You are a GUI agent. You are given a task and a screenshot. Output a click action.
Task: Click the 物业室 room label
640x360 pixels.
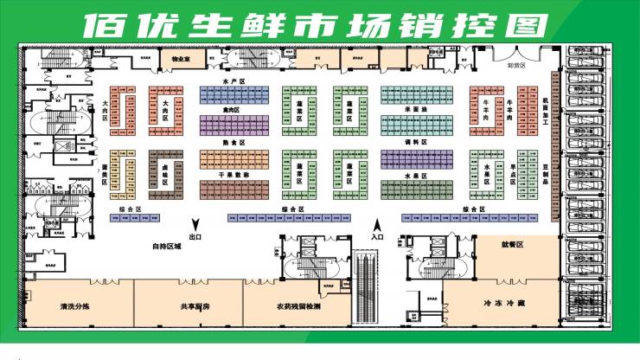pyautogui.click(x=180, y=59)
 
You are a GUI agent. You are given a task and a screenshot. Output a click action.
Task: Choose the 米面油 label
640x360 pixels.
pyautogui.click(x=417, y=110)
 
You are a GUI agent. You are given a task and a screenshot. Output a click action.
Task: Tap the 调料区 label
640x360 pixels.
pyautogui.click(x=417, y=141)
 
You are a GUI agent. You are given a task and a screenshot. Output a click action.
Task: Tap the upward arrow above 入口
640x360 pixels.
pyautogui.click(x=375, y=222)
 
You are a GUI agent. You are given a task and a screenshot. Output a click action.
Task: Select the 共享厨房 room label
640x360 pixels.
pyautogui.click(x=196, y=306)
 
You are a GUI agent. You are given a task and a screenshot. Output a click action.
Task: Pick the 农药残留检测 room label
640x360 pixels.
pyautogui.click(x=298, y=306)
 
